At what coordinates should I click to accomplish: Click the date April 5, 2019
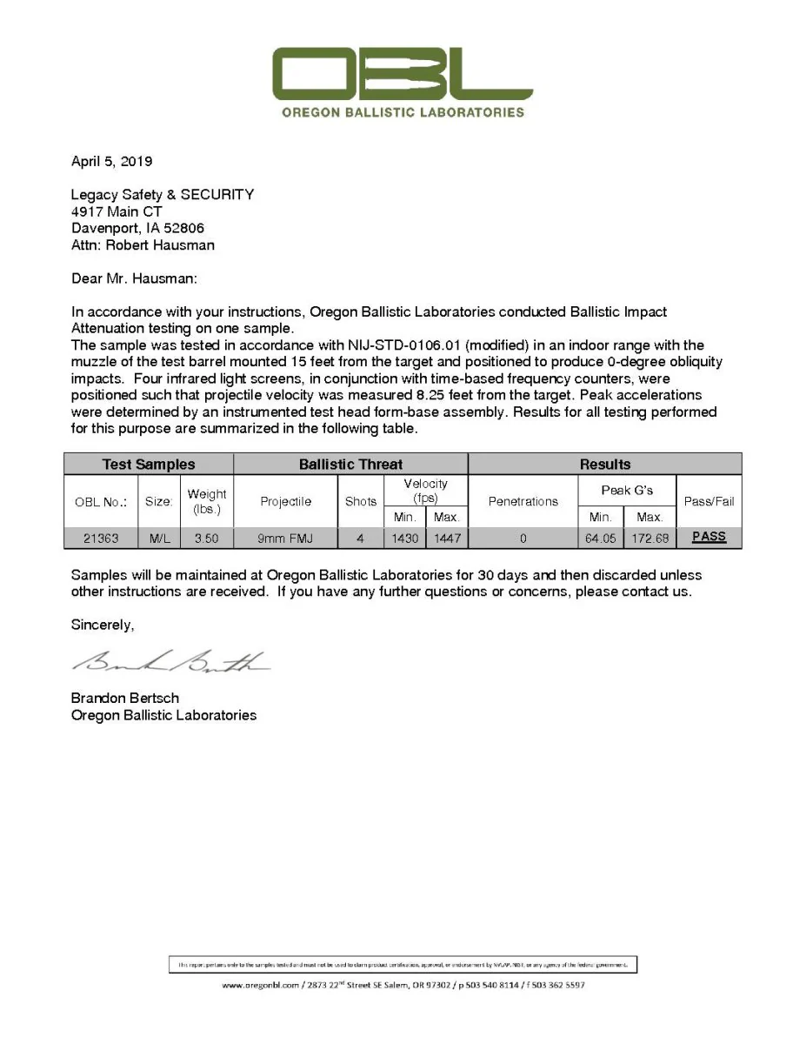pyautogui.click(x=111, y=161)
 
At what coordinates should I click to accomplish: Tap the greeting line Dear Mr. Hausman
pyautogui.click(x=134, y=279)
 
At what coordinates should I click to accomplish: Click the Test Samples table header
pyautogui.click(x=149, y=465)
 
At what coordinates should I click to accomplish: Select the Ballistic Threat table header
pyautogui.click(x=350, y=465)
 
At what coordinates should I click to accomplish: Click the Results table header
pyautogui.click(x=604, y=465)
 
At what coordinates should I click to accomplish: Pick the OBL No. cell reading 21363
pyautogui.click(x=101, y=539)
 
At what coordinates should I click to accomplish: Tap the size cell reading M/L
pyautogui.click(x=159, y=539)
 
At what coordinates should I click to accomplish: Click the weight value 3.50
pyautogui.click(x=207, y=539)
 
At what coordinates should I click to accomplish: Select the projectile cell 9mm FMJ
pyautogui.click(x=285, y=539)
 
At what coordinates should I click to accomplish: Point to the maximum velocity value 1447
pyautogui.click(x=446, y=539)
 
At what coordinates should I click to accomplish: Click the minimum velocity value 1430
pyautogui.click(x=404, y=539)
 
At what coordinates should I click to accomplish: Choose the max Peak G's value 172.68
pyautogui.click(x=649, y=539)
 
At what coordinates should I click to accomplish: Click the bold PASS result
pyautogui.click(x=709, y=537)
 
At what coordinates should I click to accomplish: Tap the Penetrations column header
pyautogui.click(x=523, y=501)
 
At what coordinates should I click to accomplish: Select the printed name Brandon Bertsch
pyautogui.click(x=125, y=698)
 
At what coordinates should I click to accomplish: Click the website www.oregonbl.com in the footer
pyautogui.click(x=260, y=986)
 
